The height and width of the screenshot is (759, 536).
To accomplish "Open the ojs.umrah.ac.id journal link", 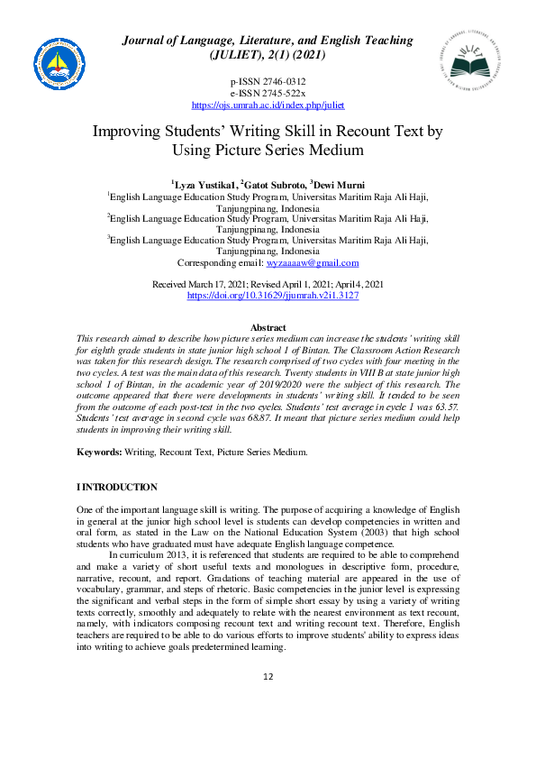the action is [x=268, y=105].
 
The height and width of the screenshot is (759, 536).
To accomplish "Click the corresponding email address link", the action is [x=311, y=263].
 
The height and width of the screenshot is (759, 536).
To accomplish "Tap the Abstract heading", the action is [x=268, y=327].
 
